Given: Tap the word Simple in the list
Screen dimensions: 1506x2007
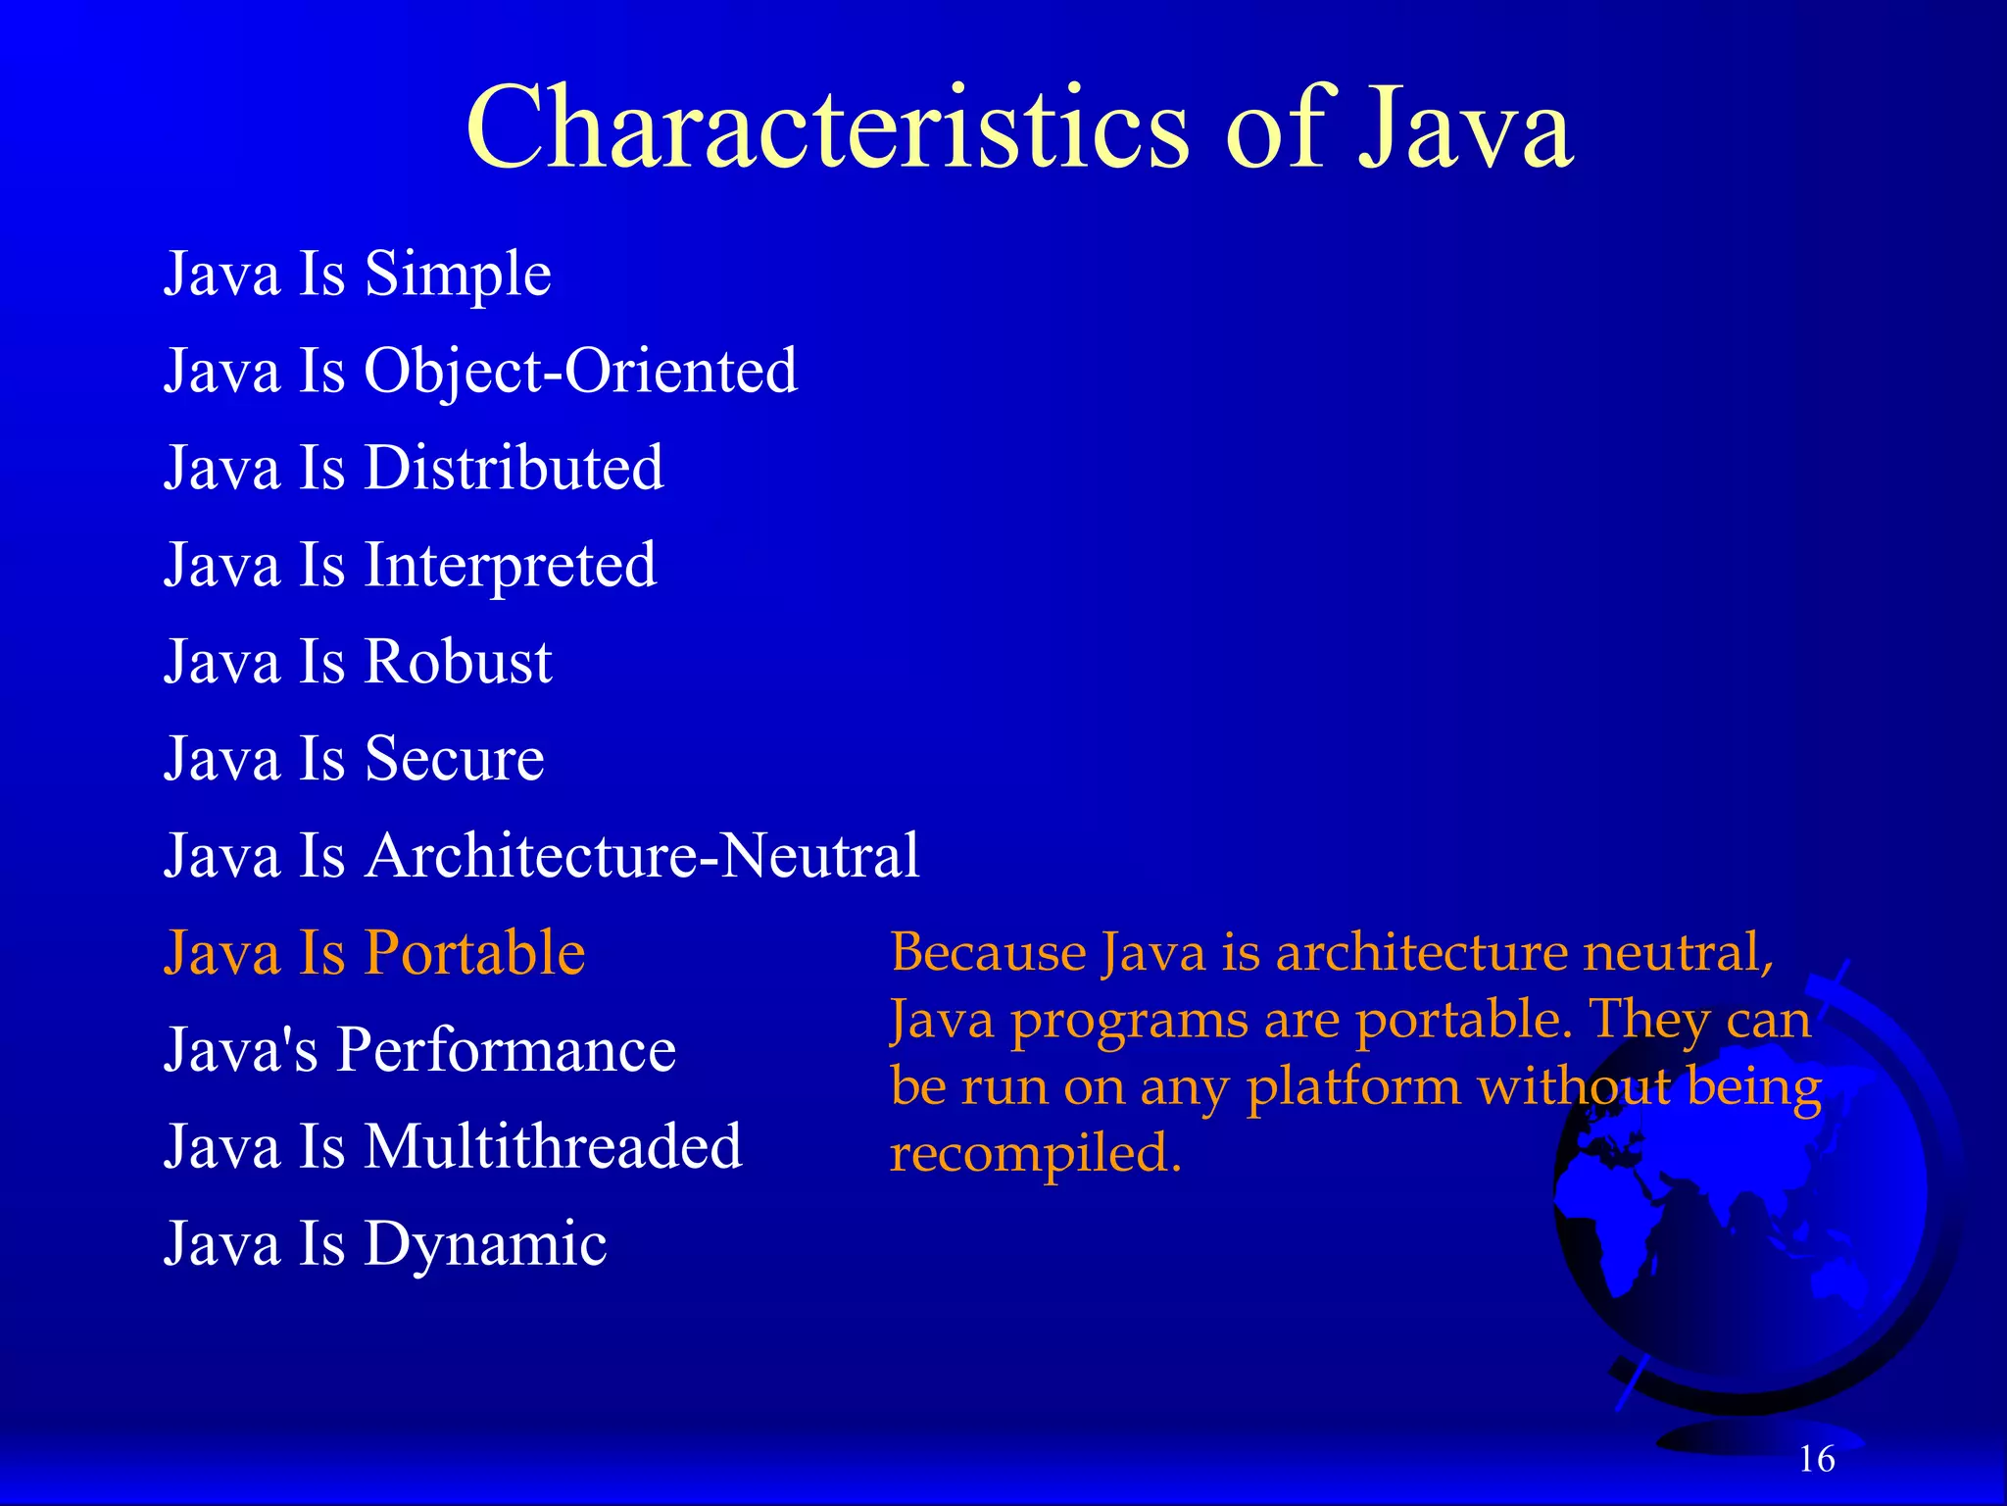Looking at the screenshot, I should click(x=458, y=274).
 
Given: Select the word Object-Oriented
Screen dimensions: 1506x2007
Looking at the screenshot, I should click(x=581, y=371).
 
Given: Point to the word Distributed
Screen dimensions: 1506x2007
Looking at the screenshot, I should click(x=514, y=467).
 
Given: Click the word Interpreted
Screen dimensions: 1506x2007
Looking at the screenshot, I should click(x=511, y=565).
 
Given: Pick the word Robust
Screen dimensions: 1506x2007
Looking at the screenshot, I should click(x=459, y=662).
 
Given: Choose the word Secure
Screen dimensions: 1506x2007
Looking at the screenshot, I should click(x=455, y=759).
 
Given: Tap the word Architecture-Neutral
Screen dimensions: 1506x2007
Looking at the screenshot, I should click(x=643, y=855).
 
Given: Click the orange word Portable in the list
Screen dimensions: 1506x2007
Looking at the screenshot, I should click(x=475, y=953).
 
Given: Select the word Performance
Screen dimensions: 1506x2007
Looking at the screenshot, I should click(x=507, y=1050).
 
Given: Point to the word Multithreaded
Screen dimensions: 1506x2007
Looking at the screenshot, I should click(x=554, y=1146).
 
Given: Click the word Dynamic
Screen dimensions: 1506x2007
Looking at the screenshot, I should click(x=486, y=1244).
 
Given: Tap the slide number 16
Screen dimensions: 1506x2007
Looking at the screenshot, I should click(x=1817, y=1459).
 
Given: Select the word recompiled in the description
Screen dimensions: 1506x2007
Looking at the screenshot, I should click(x=1035, y=1153).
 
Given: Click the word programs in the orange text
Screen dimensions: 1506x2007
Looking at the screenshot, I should click(x=1129, y=1021).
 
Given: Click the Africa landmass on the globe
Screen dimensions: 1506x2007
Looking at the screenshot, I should click(x=1607, y=1235).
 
